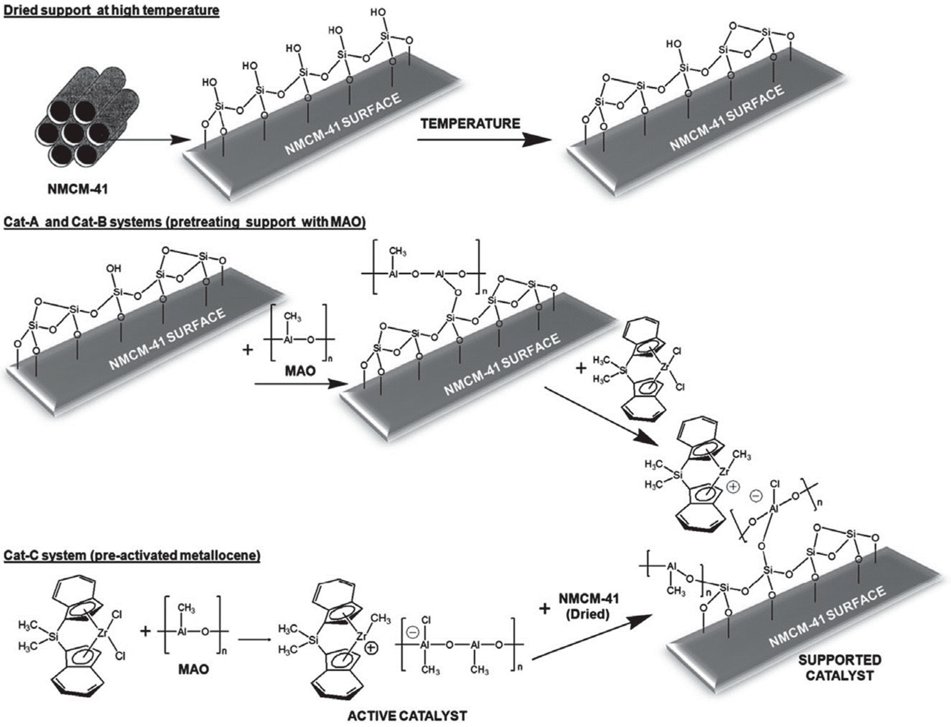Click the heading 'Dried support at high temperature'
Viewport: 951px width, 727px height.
(112, 9)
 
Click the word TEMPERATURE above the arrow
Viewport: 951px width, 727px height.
(470, 124)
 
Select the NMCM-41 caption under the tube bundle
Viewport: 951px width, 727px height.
(77, 189)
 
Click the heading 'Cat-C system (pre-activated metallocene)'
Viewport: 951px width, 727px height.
(132, 555)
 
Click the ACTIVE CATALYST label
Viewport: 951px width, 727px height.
(407, 715)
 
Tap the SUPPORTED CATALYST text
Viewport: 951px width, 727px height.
(840, 668)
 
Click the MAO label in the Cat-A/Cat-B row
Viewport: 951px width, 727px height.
(300, 371)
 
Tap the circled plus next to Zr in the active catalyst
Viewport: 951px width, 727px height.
(371, 648)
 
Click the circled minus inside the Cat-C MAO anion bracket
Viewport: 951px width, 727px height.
(413, 633)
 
